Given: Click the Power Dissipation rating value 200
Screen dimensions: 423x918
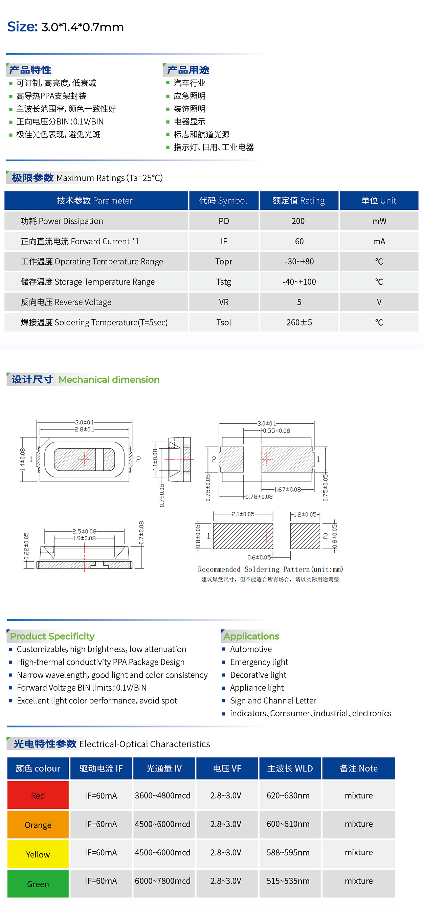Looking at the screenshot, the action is [298, 221].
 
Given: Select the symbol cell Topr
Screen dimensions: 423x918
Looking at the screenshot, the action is [224, 262].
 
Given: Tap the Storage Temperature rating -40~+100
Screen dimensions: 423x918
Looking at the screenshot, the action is [299, 282].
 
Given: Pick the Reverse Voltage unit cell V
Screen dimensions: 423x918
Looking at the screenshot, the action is [379, 302].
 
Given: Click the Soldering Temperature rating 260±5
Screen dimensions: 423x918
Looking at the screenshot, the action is [299, 322].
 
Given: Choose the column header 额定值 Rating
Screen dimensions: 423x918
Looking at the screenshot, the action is [298, 201].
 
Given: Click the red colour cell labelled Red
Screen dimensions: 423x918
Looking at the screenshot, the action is [38, 795].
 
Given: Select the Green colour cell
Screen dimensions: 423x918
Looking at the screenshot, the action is [38, 884].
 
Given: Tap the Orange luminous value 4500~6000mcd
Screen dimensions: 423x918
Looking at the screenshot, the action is [162, 824].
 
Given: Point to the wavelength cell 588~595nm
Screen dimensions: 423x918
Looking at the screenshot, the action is [288, 852].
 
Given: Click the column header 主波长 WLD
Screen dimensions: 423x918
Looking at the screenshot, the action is [290, 768].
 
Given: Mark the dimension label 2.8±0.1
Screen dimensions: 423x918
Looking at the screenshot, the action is [85, 429].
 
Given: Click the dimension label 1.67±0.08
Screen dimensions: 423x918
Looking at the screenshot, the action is [287, 489].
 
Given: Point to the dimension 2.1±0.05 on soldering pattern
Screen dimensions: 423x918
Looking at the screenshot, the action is [243, 514].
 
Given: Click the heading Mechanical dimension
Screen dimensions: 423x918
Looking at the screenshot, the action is [109, 380].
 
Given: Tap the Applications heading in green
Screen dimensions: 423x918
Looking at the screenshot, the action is [251, 636].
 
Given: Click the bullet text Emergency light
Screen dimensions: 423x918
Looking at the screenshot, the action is [259, 662].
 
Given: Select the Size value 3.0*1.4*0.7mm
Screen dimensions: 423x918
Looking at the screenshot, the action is [83, 27].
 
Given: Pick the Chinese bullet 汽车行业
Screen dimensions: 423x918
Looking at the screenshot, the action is [190, 83].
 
